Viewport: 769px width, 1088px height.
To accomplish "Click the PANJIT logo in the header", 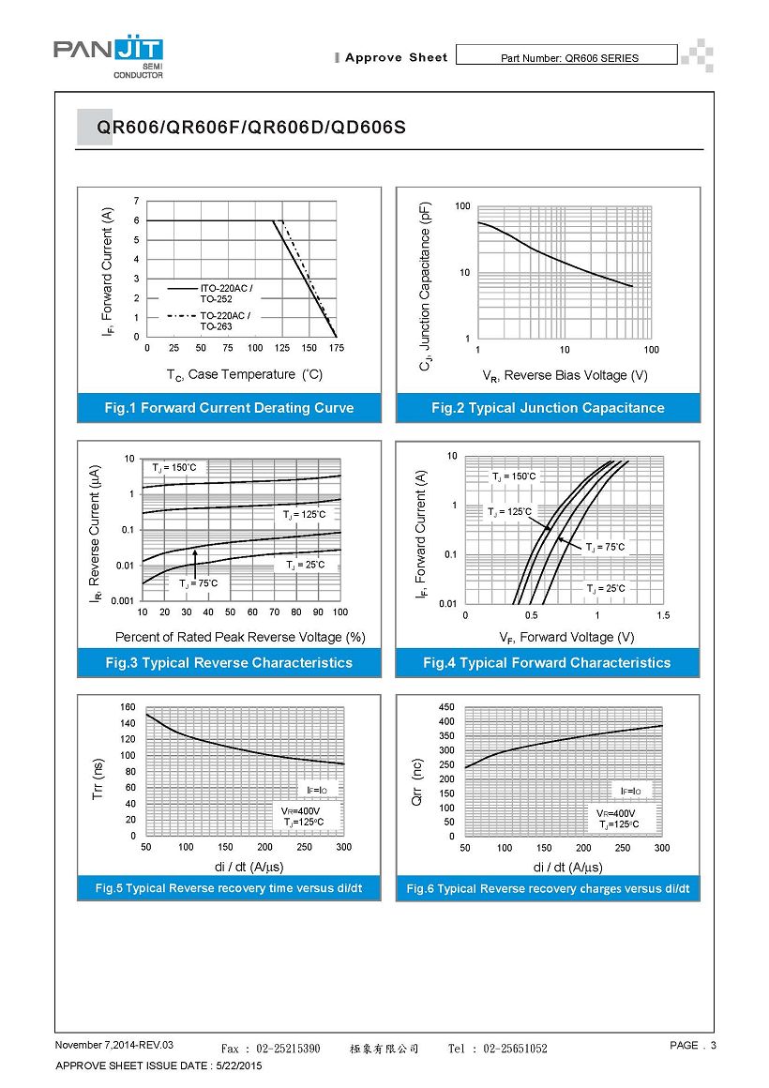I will pyautogui.click(x=108, y=56).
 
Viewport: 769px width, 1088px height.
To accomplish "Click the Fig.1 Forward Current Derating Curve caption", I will pyautogui.click(x=229, y=408).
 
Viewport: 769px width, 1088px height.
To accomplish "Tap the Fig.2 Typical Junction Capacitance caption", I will pyautogui.click(x=548, y=408).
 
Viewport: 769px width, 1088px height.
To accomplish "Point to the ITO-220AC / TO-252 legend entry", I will pyautogui.click(x=225, y=293).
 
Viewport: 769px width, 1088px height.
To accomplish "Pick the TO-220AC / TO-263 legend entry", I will pyautogui.click(x=225, y=321).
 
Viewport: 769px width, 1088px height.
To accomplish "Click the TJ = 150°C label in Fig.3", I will pyautogui.click(x=174, y=466).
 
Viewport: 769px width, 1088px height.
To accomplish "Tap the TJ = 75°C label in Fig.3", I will pyautogui.click(x=198, y=583).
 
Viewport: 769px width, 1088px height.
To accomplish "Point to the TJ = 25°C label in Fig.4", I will pyautogui.click(x=606, y=588).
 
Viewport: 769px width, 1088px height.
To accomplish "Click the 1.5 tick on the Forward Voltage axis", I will pyautogui.click(x=663, y=615).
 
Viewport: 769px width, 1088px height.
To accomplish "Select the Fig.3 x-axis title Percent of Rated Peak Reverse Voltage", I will pyautogui.click(x=240, y=637).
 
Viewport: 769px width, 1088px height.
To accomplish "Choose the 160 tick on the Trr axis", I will pyautogui.click(x=128, y=706).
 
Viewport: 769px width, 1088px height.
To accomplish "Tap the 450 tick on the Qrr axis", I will pyautogui.click(x=447, y=706).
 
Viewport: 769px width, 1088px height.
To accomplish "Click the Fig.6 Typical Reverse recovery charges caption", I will pyautogui.click(x=548, y=888).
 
